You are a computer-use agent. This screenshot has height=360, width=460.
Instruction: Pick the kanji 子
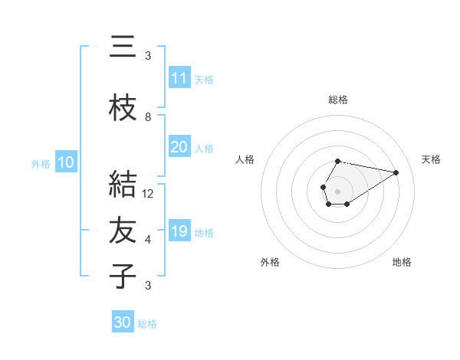coord(123,277)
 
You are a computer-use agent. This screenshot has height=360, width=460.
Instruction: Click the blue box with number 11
coord(179,78)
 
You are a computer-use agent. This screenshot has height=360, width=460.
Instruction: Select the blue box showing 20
coord(179,147)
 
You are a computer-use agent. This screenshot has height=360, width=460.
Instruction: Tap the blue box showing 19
coord(179,231)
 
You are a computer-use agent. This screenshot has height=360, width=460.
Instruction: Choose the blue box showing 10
coord(66,162)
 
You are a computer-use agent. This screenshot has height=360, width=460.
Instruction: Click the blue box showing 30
coord(122,322)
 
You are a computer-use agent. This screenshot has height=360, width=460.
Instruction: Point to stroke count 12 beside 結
coord(149,194)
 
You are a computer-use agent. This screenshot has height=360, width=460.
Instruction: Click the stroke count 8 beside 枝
coord(148,117)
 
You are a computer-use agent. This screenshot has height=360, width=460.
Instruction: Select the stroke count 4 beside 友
coord(148,240)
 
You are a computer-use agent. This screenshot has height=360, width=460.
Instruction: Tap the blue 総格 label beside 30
coord(147,324)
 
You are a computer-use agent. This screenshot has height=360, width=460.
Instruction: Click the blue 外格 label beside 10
coord(41,163)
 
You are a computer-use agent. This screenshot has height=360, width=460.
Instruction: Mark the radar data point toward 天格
coord(396,172)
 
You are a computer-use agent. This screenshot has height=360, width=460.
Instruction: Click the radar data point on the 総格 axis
coord(338,161)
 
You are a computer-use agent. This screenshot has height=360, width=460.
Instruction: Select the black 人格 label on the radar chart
coord(245,159)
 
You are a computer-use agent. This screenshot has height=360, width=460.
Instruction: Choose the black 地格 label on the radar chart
coord(402,263)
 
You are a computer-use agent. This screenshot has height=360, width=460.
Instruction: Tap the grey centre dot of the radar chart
coord(337,190)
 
